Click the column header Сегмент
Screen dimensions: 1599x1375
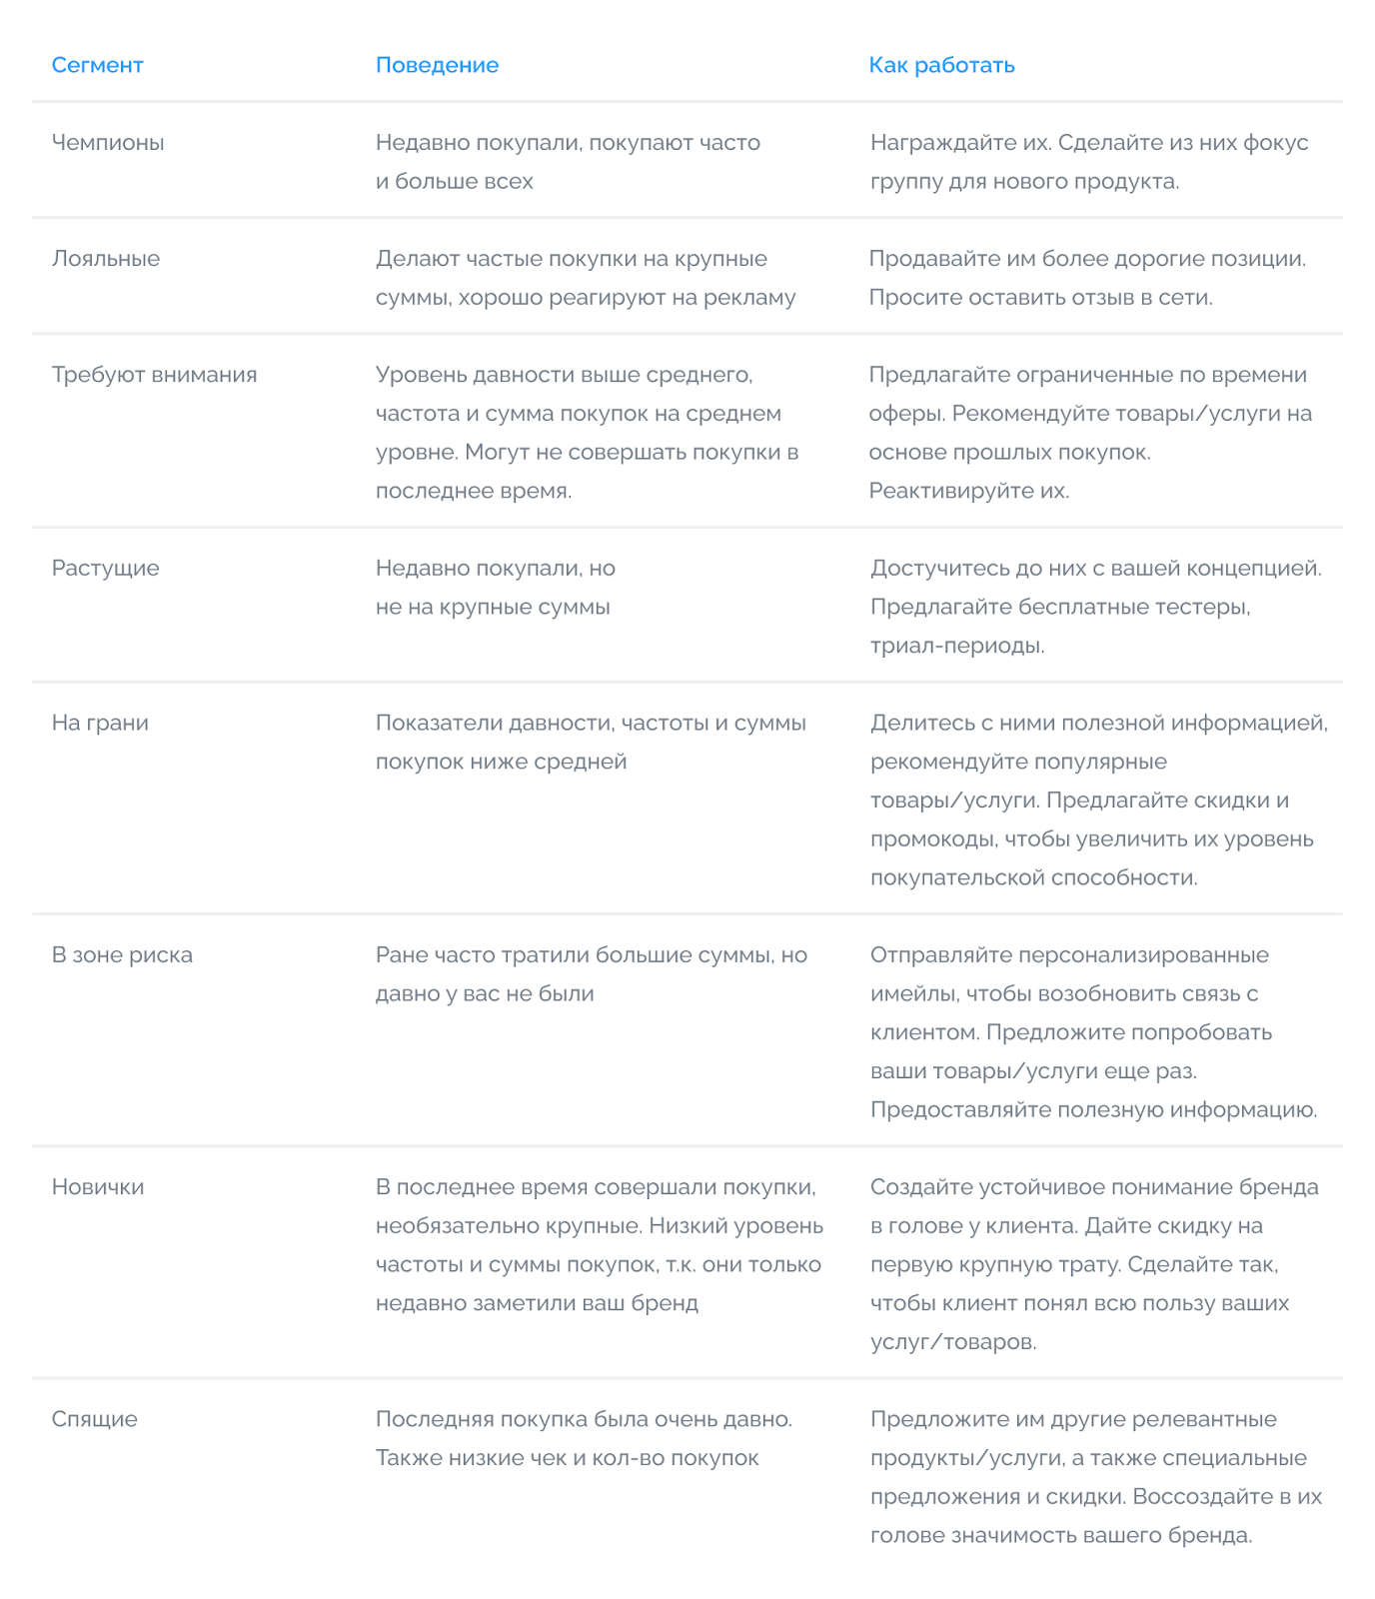(97, 65)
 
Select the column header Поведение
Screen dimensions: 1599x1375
(437, 65)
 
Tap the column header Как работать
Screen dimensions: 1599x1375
(941, 65)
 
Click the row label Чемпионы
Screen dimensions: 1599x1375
(108, 143)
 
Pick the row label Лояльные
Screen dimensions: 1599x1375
(106, 259)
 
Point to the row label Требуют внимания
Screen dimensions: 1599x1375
(154, 375)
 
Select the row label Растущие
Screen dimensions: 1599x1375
(105, 569)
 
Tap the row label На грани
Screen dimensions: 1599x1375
(100, 723)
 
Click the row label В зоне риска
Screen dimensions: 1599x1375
(122, 955)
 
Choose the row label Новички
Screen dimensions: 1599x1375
(98, 1187)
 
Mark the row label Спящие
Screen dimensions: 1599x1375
(94, 1419)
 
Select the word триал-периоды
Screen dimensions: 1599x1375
(956, 646)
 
